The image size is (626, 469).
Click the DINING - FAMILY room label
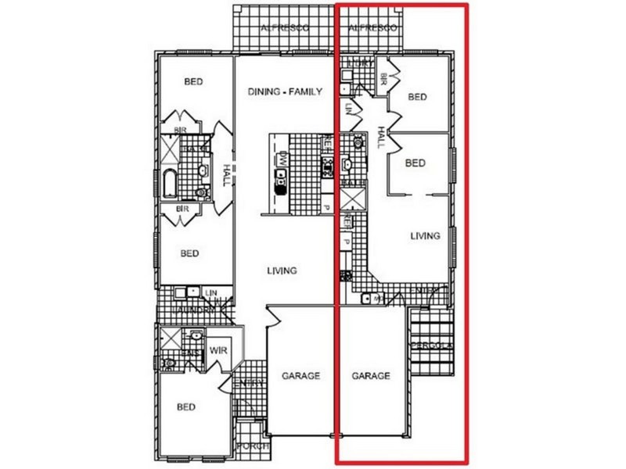pyautogui.click(x=285, y=91)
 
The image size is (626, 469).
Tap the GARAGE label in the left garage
pyautogui.click(x=301, y=376)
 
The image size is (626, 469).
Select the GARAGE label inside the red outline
pyautogui.click(x=370, y=376)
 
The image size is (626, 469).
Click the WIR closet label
pyautogui.click(x=218, y=351)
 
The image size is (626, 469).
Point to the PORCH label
pyautogui.click(x=252, y=446)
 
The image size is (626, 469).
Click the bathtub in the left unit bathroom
pyautogui.click(x=170, y=185)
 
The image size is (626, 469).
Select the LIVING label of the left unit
pyautogui.click(x=282, y=271)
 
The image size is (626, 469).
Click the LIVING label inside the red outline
pyautogui.click(x=426, y=235)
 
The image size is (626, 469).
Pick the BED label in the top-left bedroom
pyautogui.click(x=193, y=81)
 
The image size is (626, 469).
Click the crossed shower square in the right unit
pyautogui.click(x=351, y=199)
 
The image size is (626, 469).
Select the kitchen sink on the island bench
pyautogui.click(x=280, y=183)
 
